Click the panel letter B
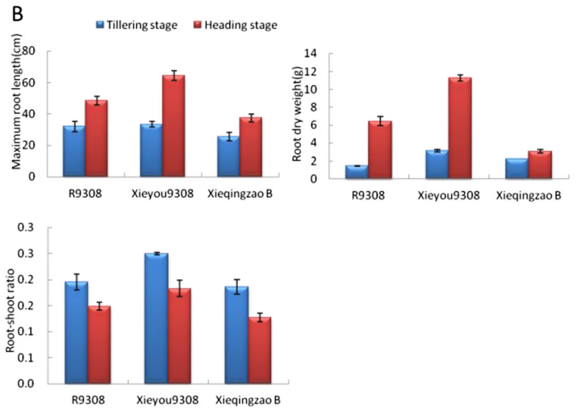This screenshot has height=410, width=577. pyautogui.click(x=18, y=14)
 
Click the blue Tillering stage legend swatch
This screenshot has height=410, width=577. pyautogui.click(x=100, y=25)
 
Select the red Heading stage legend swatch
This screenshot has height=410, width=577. pyautogui.click(x=198, y=25)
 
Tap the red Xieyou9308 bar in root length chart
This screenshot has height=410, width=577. pyautogui.click(x=174, y=126)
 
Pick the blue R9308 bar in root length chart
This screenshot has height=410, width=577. pyautogui.click(x=74, y=151)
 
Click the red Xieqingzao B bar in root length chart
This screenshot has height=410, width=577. pyautogui.click(x=251, y=147)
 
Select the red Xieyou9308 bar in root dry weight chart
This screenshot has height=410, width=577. pyautogui.click(x=460, y=128)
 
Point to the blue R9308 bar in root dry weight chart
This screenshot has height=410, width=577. pyautogui.click(x=357, y=172)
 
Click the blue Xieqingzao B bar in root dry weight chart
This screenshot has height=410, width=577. pyautogui.click(x=517, y=169)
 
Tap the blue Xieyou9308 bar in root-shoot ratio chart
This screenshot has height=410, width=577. pyautogui.click(x=157, y=319)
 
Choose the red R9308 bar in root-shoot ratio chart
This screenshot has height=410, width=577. pyautogui.click(x=99, y=345)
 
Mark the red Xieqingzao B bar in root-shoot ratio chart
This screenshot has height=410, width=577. pyautogui.click(x=260, y=351)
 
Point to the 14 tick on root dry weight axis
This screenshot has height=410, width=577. pyautogui.click(x=310, y=54)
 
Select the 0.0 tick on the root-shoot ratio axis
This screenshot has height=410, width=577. pyautogui.click(x=25, y=384)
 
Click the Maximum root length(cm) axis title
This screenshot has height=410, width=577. pyautogui.click(x=17, y=102)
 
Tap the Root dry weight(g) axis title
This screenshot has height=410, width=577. pyautogui.click(x=297, y=115)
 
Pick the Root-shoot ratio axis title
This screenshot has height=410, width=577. pyautogui.click(x=10, y=311)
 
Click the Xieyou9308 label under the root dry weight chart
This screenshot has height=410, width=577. pyautogui.click(x=449, y=195)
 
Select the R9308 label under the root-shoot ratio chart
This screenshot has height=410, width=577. pyautogui.click(x=88, y=400)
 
